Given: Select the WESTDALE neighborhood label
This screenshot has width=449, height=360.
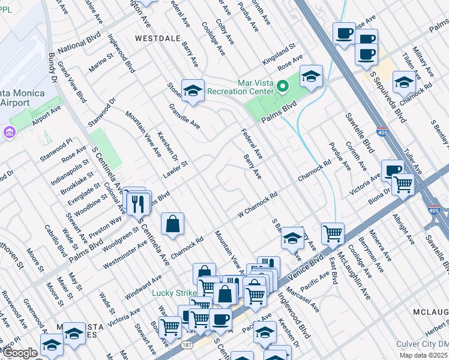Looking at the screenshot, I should point(157,37).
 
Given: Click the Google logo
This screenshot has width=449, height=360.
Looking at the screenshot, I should point(20,353).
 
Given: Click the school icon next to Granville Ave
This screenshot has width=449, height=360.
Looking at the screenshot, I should point(193,90).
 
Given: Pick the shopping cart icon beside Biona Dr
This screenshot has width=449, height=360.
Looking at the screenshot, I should point(403,184).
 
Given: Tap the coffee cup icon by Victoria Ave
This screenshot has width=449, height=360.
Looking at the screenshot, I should point(393,170).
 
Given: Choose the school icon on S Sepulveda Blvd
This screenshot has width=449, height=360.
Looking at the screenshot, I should point(404,81).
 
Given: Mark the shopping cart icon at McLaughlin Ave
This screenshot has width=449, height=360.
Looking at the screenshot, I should point(333,233).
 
